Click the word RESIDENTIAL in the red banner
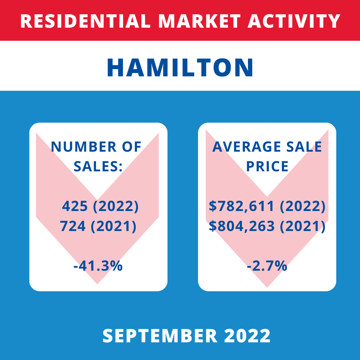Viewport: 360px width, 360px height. tap(85, 21)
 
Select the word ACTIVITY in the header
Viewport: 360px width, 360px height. tap(294, 21)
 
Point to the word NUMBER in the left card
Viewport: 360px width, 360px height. tap(84, 147)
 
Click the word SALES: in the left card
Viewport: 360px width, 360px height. tap(98, 166)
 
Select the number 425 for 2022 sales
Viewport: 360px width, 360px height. tap(75, 206)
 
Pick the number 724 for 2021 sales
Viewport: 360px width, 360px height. tap(73, 226)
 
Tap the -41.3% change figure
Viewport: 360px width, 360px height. tap(98, 266)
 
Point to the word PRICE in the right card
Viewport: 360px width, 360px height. tap(267, 166)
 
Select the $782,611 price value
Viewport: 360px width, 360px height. tap(241, 206)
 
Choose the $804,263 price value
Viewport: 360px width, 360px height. tap(242, 226)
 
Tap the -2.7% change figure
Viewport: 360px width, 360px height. tap(267, 266)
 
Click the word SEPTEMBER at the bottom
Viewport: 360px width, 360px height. tap(160, 336)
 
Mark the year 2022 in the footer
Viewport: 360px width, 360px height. tap(247, 336)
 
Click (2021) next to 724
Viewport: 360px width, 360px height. tap(114, 226)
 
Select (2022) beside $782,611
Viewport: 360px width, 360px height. tap(303, 206)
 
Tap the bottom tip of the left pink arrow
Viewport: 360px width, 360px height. tap(97, 284)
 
